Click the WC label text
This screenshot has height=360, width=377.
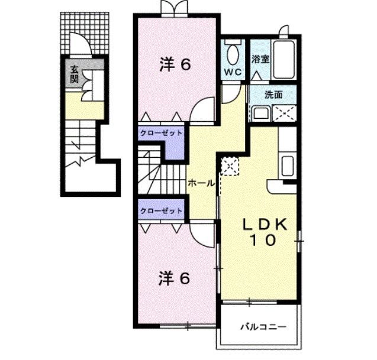pos(233,72)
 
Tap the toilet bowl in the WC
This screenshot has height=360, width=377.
pos(233,55)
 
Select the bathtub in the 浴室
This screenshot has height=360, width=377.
pos(283,59)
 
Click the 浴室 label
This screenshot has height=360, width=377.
pos(260,59)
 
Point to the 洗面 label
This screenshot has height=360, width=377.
pos(273,95)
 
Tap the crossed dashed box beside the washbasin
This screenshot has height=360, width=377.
pos(284,113)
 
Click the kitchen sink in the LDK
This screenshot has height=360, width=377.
pos(287,166)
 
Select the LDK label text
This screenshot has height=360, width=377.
pos(265,225)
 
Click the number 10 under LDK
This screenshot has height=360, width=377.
pos(263,240)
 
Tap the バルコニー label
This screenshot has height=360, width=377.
pos(264,327)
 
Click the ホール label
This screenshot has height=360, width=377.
pos(201,183)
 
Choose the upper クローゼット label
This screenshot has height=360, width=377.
pos(161,133)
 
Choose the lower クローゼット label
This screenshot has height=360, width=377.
pos(161,211)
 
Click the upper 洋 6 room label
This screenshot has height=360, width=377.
pos(175,64)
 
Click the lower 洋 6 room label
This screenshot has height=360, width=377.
pos(175,278)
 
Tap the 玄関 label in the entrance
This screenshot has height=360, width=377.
pos(75,74)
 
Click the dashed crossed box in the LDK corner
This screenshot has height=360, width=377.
pos(230,166)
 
